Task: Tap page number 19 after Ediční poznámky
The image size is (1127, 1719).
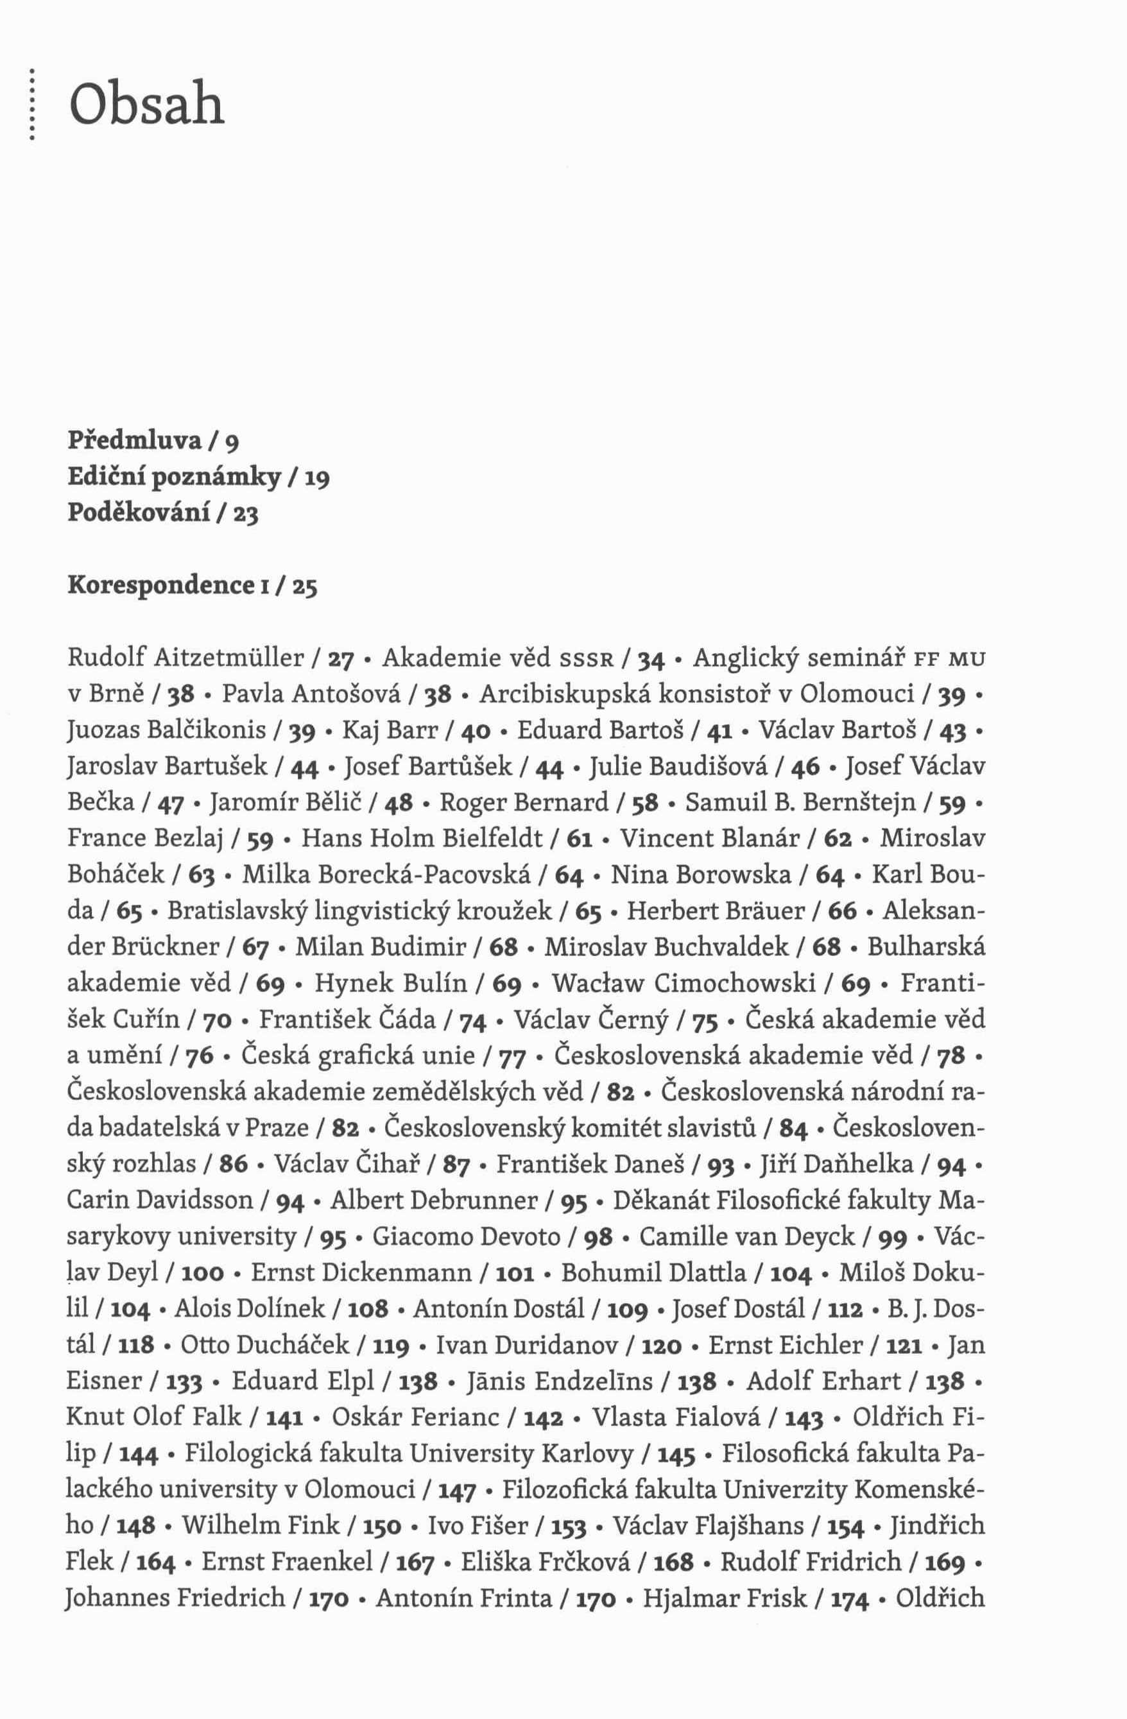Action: click(x=316, y=478)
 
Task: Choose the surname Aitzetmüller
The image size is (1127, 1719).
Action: click(x=229, y=658)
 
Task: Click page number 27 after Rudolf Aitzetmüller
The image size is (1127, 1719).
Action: click(x=340, y=660)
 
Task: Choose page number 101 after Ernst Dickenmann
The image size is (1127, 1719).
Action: click(x=516, y=1273)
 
